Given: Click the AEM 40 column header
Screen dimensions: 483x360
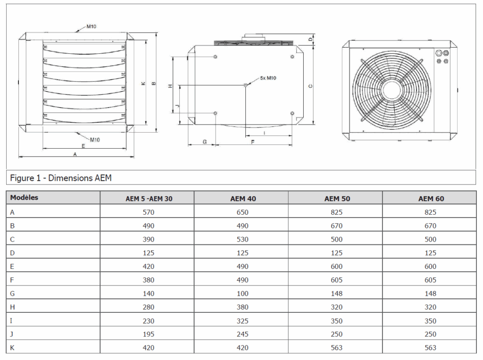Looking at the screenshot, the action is click(x=243, y=199).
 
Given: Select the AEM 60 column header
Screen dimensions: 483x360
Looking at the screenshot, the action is click(x=431, y=199).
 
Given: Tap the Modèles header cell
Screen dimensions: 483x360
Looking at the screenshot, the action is click(x=24, y=198).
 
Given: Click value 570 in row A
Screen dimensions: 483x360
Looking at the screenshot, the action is click(x=149, y=212).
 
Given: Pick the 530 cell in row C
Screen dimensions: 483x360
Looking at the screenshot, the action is click(x=242, y=240).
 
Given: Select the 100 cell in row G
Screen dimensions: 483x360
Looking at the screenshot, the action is click(x=242, y=294).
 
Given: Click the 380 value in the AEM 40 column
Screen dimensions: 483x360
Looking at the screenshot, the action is click(x=242, y=307).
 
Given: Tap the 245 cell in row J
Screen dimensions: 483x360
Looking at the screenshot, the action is click(x=242, y=335).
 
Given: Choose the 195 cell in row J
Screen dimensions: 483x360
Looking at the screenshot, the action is click(x=149, y=335).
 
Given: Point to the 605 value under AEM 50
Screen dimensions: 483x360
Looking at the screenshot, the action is click(x=337, y=280).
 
